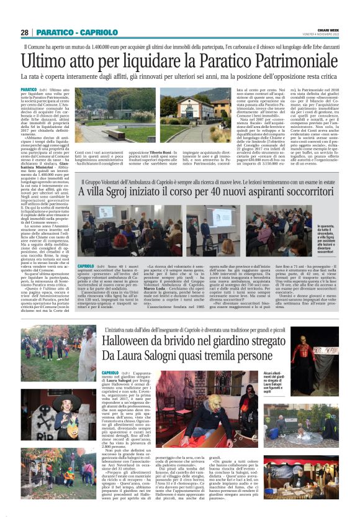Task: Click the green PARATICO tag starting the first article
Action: click(x=47, y=90)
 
